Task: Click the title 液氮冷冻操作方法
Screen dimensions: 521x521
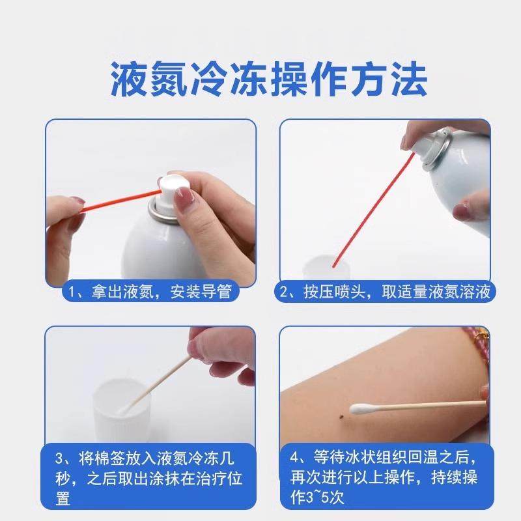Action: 260,81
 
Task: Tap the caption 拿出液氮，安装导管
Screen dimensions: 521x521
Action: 150,292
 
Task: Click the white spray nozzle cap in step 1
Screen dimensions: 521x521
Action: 174,187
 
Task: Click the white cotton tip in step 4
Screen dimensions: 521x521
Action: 361,410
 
